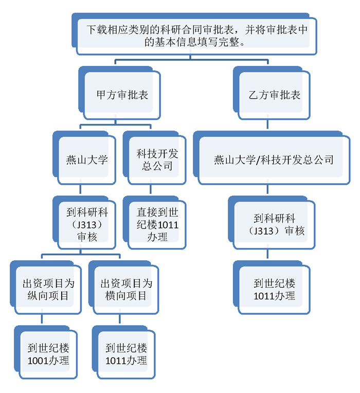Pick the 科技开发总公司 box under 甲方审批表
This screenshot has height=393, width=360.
click(x=154, y=159)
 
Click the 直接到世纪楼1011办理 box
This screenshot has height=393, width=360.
click(x=154, y=224)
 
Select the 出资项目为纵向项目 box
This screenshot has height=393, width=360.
click(x=45, y=289)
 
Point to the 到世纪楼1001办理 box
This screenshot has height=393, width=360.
click(x=45, y=353)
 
